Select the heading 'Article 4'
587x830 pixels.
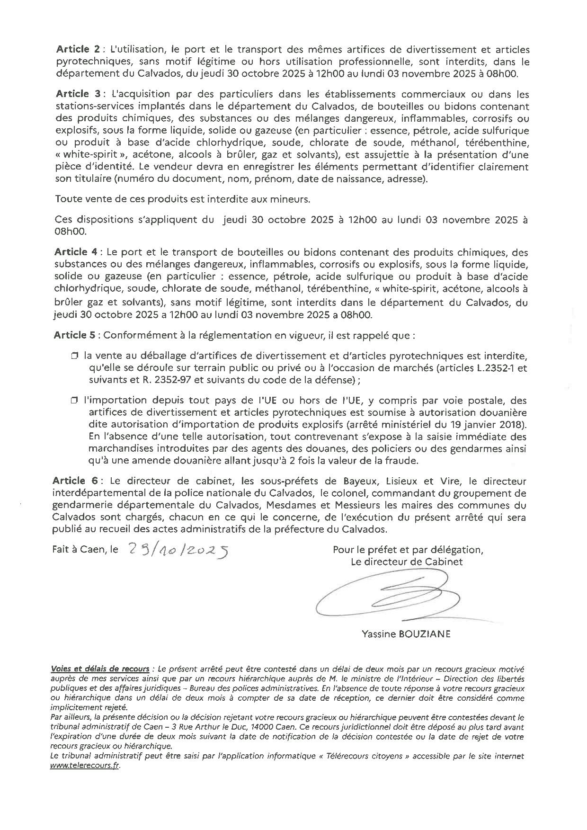point(72,252)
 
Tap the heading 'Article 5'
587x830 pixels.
point(72,335)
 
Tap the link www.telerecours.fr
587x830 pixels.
point(84,765)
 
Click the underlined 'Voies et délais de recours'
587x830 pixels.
point(100,669)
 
